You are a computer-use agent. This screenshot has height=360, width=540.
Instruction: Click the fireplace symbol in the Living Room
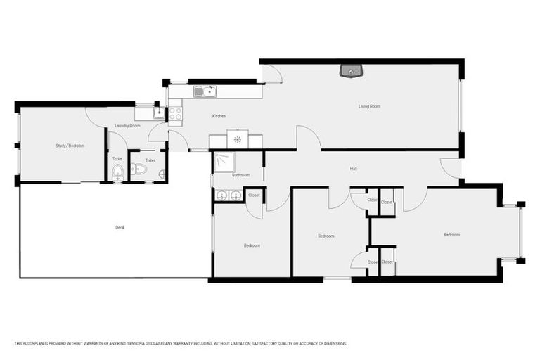tap(351, 70)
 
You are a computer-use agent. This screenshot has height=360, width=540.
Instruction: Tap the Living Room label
tap(369, 106)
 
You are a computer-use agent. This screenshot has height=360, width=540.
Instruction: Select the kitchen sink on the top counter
tap(205, 91)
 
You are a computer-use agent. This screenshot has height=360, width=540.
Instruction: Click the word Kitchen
tap(219, 116)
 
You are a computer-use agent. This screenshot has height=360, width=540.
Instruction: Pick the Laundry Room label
tap(128, 125)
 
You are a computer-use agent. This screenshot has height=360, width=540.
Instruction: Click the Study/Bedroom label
tap(70, 146)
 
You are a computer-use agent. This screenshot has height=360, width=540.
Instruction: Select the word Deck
tap(120, 227)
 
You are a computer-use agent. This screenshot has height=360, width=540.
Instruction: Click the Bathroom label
tap(241, 175)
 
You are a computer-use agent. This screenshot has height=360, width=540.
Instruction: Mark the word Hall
tap(354, 169)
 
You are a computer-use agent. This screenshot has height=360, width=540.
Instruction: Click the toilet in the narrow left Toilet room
tap(117, 172)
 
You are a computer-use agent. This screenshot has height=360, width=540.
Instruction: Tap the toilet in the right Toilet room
tap(139, 169)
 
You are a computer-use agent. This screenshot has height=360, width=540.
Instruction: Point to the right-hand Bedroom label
tap(451, 234)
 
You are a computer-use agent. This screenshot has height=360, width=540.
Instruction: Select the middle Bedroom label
tap(326, 236)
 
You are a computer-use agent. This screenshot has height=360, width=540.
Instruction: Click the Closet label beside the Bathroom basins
tap(254, 195)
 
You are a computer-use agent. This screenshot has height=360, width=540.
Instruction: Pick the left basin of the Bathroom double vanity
tap(221, 195)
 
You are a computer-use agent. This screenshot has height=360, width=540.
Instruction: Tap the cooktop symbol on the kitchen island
tap(238, 139)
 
